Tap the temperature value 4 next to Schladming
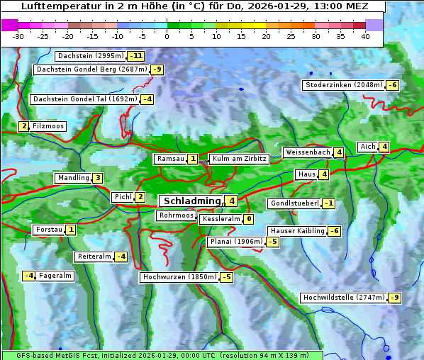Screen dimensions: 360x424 (232, 201)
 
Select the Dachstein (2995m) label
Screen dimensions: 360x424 (90, 55)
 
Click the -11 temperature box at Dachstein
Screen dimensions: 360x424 (136, 56)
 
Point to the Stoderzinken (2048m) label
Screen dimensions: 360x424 (343, 85)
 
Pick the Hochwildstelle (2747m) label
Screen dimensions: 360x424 (344, 298)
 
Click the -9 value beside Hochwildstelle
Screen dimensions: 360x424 (394, 298)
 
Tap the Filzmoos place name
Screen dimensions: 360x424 (48, 126)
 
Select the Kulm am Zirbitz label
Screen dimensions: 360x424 (239, 159)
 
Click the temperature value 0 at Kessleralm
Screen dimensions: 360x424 (249, 220)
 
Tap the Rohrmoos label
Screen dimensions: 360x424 (176, 215)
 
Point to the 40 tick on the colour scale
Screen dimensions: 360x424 (365, 35)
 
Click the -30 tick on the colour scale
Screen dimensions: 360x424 (19, 35)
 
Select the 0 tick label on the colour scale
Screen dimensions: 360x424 (167, 35)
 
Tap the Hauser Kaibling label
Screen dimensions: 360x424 (297, 231)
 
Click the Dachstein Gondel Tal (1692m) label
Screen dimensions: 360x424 (84, 99)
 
